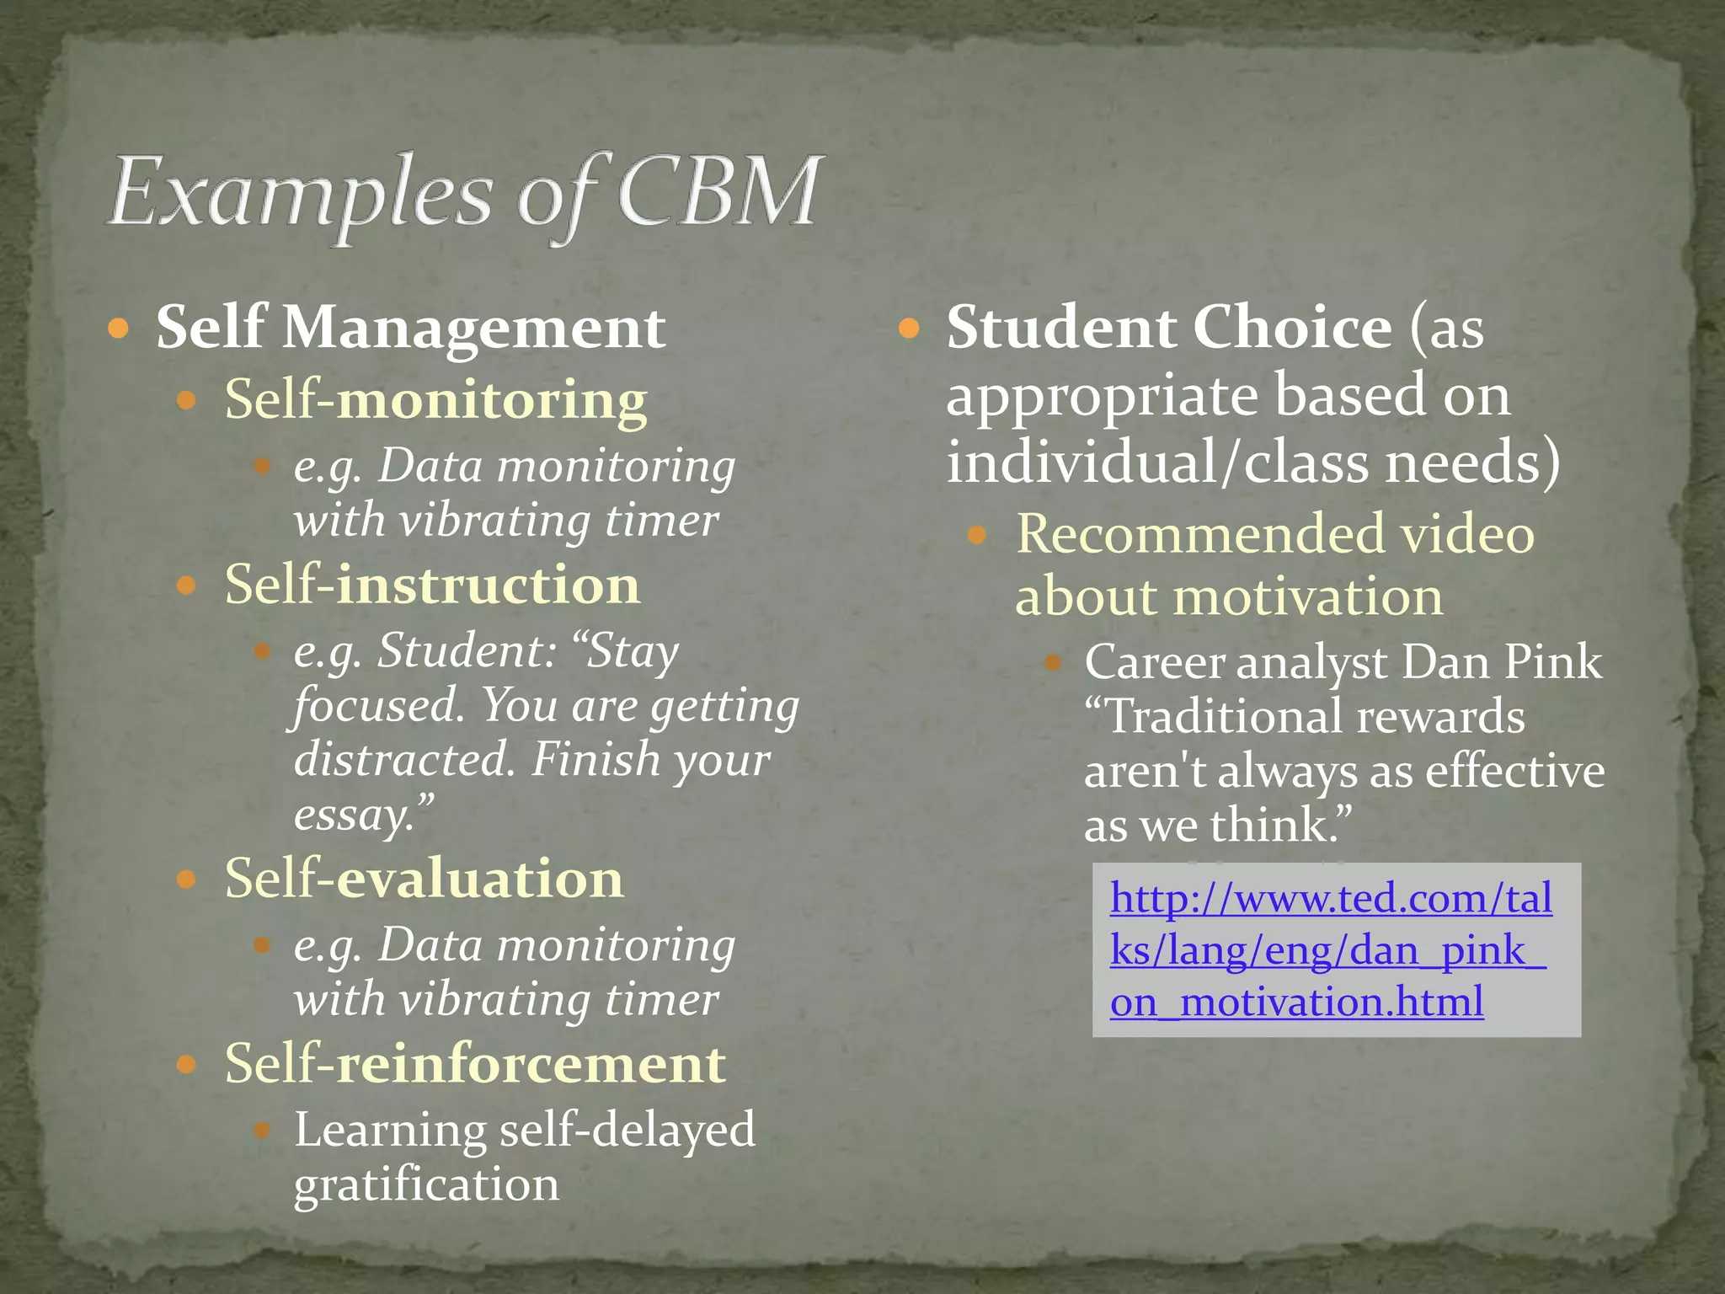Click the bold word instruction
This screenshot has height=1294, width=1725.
[489, 585]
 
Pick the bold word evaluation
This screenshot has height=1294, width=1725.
[480, 879]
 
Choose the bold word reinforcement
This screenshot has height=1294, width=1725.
[531, 1063]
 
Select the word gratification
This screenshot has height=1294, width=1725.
[426, 1184]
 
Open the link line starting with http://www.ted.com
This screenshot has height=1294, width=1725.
[1331, 898]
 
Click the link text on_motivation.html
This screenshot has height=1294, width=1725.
[1297, 1003]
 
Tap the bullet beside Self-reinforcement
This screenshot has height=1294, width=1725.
[187, 1064]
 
